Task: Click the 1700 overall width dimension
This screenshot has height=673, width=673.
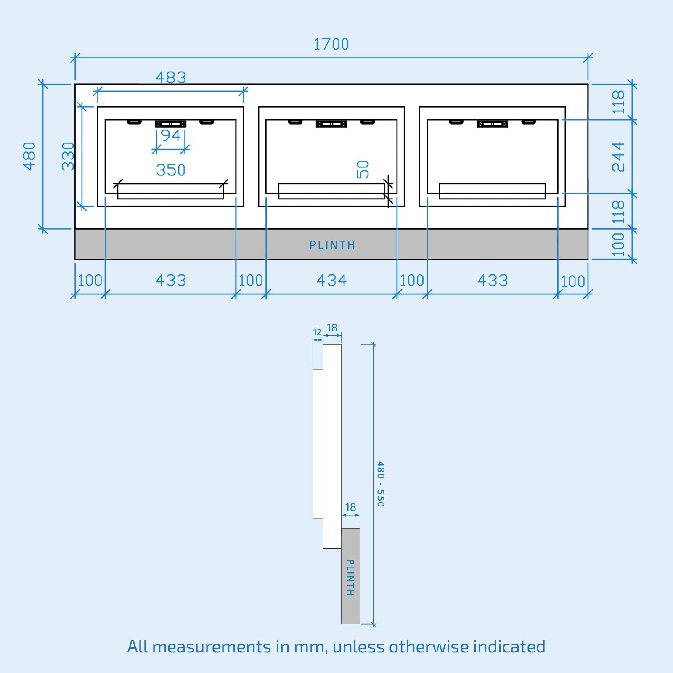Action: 331,44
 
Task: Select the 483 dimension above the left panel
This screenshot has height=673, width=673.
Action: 171,77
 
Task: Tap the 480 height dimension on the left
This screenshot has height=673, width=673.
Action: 29,156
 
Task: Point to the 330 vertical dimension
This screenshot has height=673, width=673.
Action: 68,156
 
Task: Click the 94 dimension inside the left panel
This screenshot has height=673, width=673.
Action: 171,135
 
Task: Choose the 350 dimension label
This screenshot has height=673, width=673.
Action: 171,170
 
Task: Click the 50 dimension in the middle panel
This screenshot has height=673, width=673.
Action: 363,170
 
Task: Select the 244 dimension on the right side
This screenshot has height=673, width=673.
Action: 618,157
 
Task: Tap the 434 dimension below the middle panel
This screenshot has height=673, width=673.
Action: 331,280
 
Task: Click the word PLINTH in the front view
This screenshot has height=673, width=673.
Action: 332,245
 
